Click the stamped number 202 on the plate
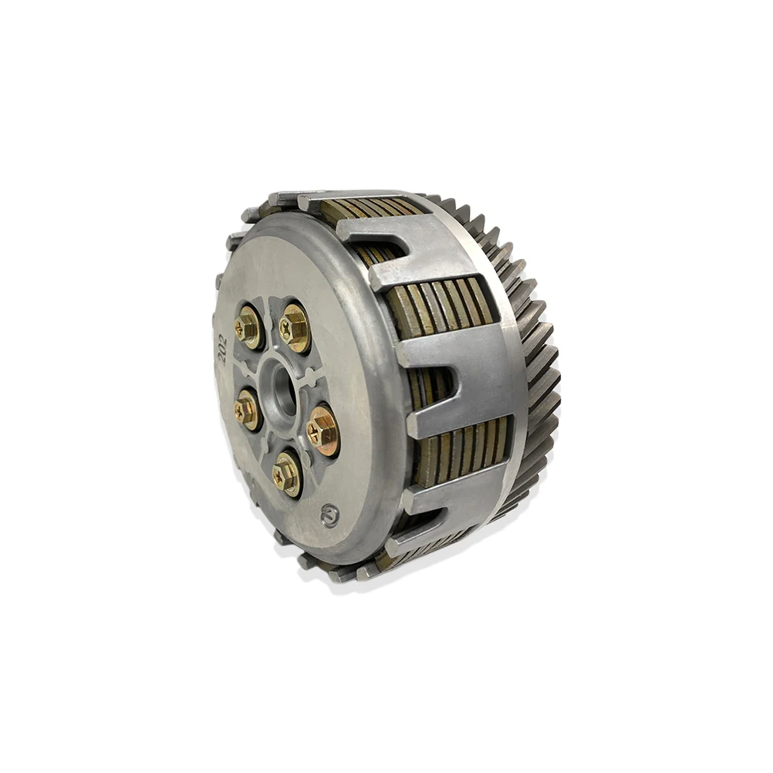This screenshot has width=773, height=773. pos(221,348)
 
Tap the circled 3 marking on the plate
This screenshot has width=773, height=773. pos(330,515)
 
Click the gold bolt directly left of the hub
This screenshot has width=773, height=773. pos(247,410)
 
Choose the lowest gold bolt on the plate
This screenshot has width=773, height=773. pos(286,474)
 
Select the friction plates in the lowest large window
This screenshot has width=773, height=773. pos(463,455)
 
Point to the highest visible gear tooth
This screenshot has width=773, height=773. pos(432,200)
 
